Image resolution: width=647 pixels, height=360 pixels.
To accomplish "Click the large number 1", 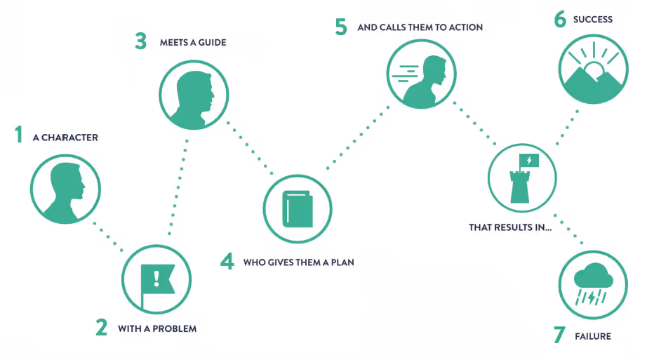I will (19, 135).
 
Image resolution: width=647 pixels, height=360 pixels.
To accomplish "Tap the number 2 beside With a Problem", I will (102, 328).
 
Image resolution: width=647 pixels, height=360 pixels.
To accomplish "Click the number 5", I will (341, 28).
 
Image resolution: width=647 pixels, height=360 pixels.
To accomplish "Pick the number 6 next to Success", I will (560, 19).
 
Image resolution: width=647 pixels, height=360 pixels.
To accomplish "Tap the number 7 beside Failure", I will (559, 335).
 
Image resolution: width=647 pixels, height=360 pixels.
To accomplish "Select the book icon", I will (298, 209).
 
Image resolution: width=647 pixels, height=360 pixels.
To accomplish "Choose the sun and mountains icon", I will (592, 71).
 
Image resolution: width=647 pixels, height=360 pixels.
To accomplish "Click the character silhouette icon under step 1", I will (64, 188).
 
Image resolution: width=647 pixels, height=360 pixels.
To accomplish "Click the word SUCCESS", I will (592, 20).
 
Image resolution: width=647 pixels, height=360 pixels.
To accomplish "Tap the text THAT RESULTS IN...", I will (510, 227).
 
